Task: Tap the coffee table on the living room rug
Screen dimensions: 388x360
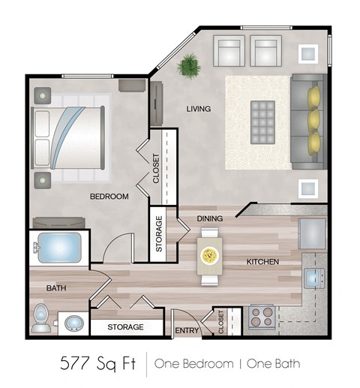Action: pyautogui.click(x=262, y=116)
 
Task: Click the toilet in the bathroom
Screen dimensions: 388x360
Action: pyautogui.click(x=43, y=319)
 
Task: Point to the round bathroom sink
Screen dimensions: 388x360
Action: pyautogui.click(x=73, y=323)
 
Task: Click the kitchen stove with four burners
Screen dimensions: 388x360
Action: pyautogui.click(x=261, y=316)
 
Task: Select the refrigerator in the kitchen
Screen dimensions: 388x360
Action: pyautogui.click(x=312, y=233)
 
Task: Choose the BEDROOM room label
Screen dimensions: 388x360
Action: pyautogui.click(x=109, y=197)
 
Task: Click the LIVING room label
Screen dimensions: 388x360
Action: pyautogui.click(x=198, y=109)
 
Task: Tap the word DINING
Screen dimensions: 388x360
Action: pyautogui.click(x=209, y=218)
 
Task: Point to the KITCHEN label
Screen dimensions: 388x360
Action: pyautogui.click(x=262, y=262)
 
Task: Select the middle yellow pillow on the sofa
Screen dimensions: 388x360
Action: pyautogui.click(x=313, y=119)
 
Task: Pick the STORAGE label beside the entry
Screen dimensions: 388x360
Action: pyautogui.click(x=125, y=327)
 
